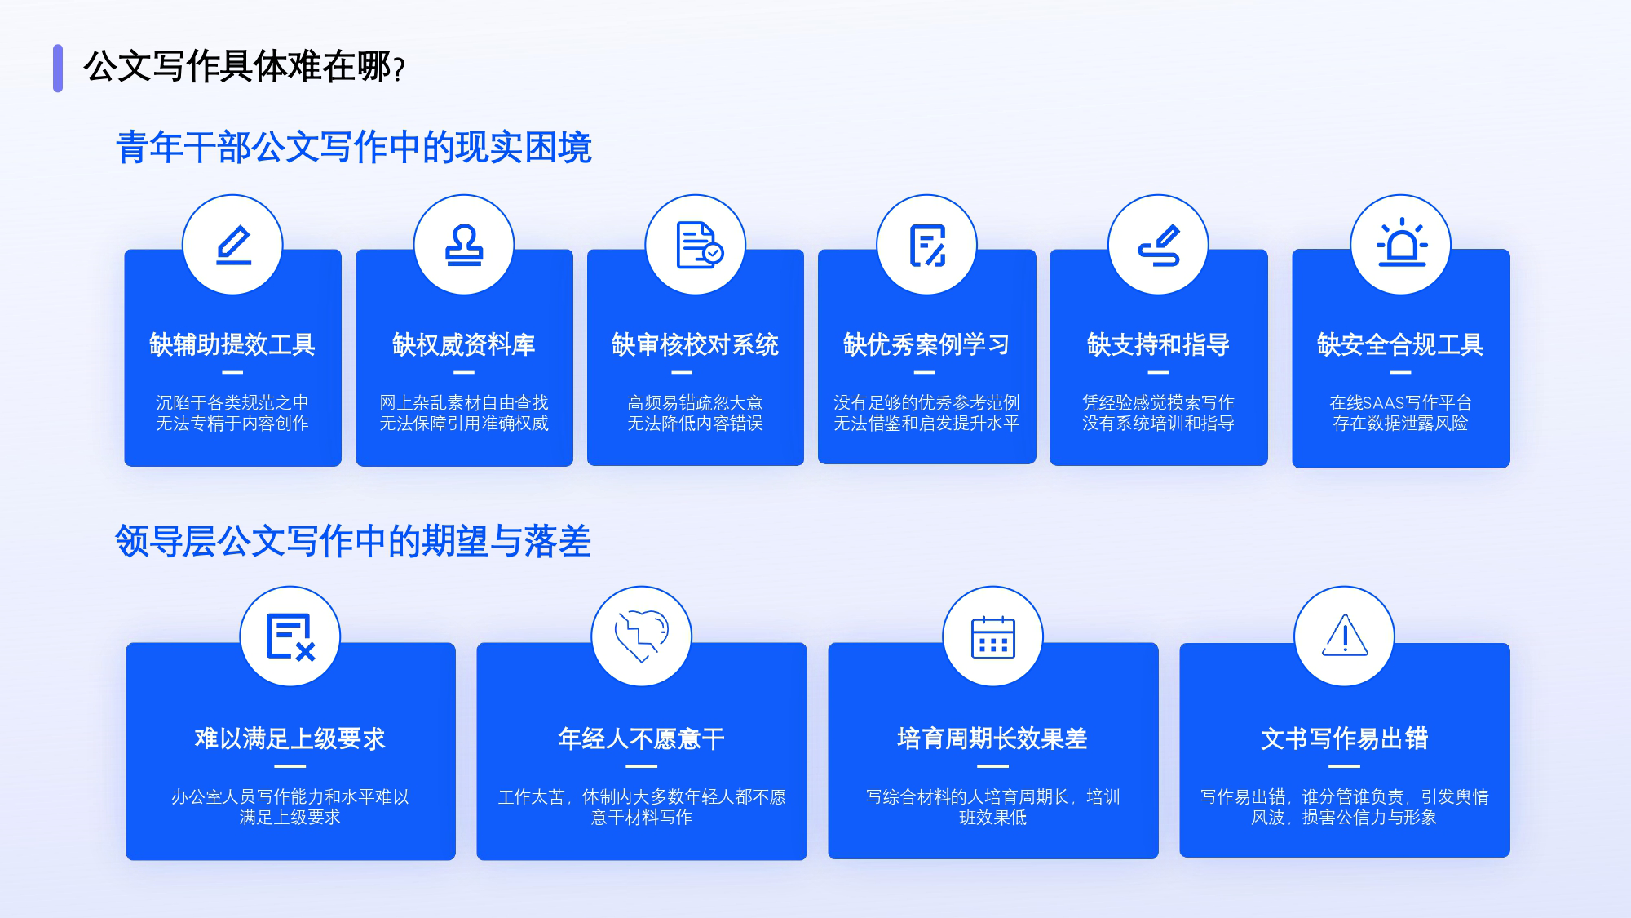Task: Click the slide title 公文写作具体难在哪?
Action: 244,67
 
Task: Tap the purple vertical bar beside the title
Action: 58,68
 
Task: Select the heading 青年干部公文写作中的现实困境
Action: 354,148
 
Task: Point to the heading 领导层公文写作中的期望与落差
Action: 353,541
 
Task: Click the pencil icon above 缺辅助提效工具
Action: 233,246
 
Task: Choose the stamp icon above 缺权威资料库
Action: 464,246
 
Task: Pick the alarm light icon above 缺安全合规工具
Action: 1401,244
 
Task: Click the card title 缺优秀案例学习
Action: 926,344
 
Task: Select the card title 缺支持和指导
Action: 1158,344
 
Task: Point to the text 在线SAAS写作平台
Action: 1400,402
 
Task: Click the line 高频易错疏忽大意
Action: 695,402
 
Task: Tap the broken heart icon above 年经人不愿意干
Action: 642,636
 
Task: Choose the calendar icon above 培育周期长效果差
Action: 993,636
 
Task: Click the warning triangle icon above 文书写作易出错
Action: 1345,635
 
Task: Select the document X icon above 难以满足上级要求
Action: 290,636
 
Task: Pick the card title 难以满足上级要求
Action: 290,738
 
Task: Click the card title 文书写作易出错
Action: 1345,738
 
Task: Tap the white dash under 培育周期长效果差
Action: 992,766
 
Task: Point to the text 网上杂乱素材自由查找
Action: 464,402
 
